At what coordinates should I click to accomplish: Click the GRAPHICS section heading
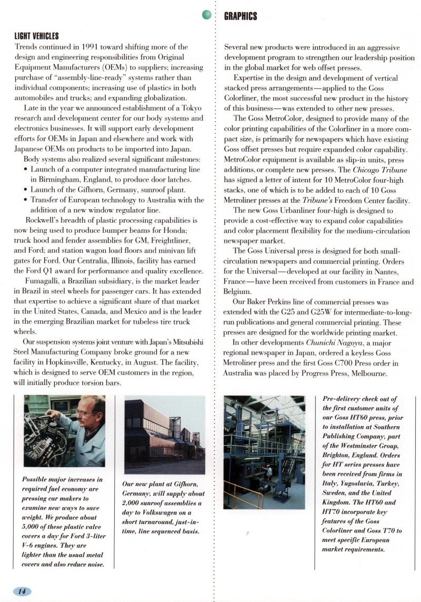240,16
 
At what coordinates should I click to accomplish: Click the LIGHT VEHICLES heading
36,36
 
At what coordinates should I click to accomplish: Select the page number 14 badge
22,591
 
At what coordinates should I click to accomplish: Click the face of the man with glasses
84,413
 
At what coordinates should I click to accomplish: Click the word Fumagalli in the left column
44,280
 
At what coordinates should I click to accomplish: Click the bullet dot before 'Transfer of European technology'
26,200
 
